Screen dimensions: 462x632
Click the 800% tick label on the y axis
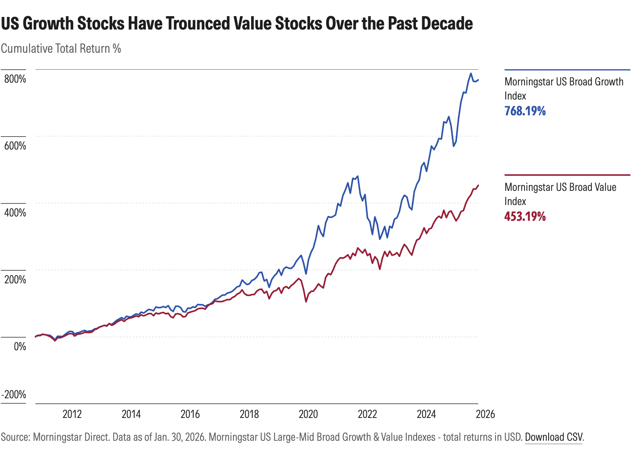tap(15, 79)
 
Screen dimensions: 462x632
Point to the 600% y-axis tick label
tap(15, 146)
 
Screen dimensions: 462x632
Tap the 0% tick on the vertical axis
tap(20, 347)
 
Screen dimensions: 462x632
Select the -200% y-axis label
tap(14, 395)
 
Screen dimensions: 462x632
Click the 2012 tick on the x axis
tap(72, 414)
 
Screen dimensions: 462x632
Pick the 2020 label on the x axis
tap(308, 414)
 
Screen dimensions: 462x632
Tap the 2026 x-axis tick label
tap(485, 414)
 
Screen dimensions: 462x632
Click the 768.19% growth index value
tap(525, 111)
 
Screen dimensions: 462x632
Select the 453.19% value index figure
tap(525, 216)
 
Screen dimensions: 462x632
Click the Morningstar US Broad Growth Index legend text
tap(564, 89)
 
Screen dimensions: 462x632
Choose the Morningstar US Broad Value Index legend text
tap(560, 194)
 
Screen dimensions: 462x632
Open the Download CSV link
tap(554, 437)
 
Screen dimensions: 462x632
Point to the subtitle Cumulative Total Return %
tap(61, 48)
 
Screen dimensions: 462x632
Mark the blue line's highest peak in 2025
tap(470, 74)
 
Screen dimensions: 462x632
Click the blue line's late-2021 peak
tap(357, 176)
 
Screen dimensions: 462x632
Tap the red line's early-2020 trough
tap(306, 301)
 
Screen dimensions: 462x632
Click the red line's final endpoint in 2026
tap(478, 185)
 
